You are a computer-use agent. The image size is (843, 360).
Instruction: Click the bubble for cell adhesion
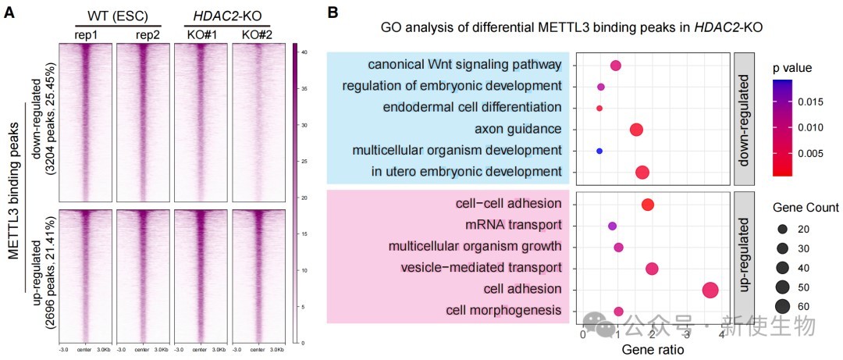(x=710, y=290)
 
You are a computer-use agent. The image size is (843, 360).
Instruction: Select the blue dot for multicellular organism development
(x=599, y=151)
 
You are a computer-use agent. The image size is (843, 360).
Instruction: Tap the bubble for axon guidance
(x=636, y=130)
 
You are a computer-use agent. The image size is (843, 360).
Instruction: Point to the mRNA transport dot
(x=612, y=226)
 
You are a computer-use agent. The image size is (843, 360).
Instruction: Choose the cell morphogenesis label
(x=503, y=311)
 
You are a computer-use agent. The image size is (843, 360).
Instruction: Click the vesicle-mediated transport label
(x=481, y=268)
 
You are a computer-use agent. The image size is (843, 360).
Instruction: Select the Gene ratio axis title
(x=653, y=350)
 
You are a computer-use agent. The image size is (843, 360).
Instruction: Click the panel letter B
(x=333, y=12)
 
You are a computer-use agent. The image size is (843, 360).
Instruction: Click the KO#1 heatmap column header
(x=200, y=34)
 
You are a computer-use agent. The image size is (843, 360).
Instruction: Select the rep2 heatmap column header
(x=145, y=34)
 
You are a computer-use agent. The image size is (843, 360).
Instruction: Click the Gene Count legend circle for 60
(x=783, y=306)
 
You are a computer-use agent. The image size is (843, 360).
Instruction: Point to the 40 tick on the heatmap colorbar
(x=305, y=52)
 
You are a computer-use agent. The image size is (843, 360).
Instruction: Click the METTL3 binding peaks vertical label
(x=15, y=195)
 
